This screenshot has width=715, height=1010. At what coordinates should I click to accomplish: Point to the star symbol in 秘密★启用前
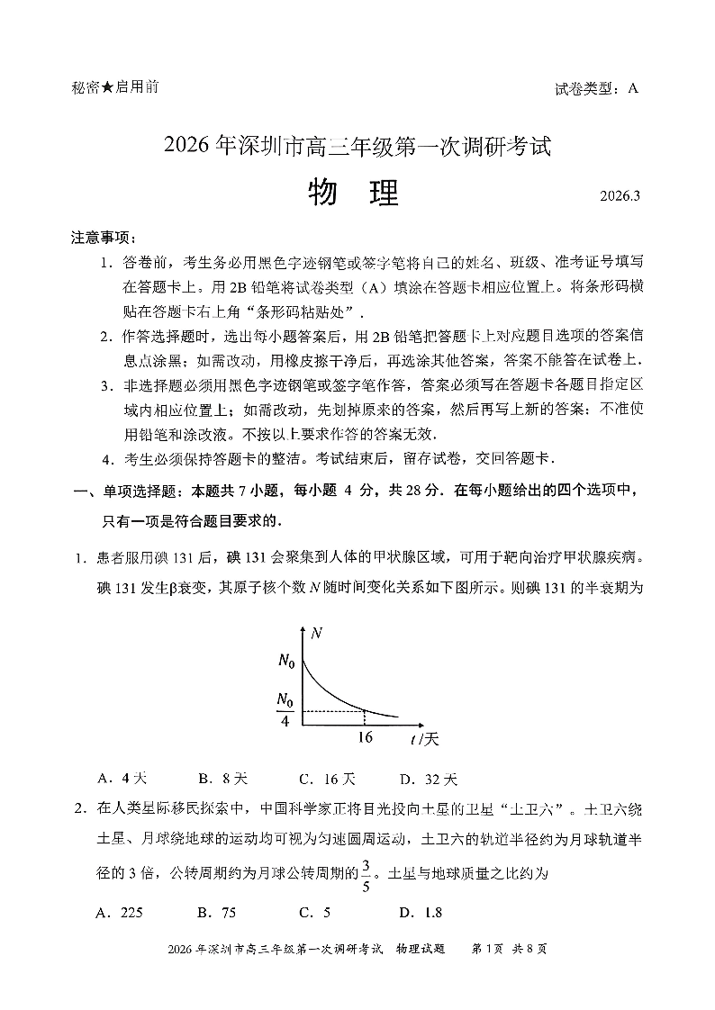pyautogui.click(x=107, y=87)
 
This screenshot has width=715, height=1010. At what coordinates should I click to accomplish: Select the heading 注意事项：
pyautogui.click(x=104, y=238)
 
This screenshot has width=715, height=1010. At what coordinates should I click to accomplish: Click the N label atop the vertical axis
pyautogui.click(x=316, y=634)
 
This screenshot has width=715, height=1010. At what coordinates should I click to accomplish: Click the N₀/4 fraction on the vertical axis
pyautogui.click(x=285, y=709)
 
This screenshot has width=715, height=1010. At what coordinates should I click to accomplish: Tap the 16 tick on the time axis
pyautogui.click(x=364, y=737)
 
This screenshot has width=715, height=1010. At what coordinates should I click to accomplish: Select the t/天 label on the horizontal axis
pyautogui.click(x=423, y=739)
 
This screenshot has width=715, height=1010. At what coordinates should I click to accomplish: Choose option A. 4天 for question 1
pyautogui.click(x=121, y=779)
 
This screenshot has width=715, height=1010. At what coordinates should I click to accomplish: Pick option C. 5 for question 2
pyautogui.click(x=315, y=912)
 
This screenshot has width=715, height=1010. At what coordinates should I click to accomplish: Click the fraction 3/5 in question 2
pyautogui.click(x=367, y=874)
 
